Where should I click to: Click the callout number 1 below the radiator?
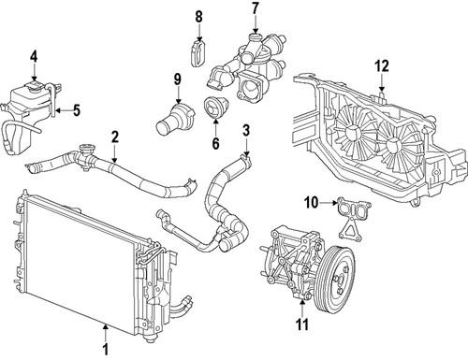pos(105,351)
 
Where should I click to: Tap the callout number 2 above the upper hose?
pos(113,137)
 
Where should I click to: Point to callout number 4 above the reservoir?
pos(33,57)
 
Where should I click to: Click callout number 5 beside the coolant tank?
pos(76,110)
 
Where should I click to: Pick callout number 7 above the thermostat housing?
pos(253,9)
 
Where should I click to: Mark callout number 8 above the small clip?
pos(197,16)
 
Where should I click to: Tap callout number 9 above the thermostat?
pos(176,79)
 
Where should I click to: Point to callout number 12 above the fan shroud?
pos(381,65)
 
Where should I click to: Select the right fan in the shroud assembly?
pos(401,144)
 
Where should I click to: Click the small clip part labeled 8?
pos(197,52)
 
